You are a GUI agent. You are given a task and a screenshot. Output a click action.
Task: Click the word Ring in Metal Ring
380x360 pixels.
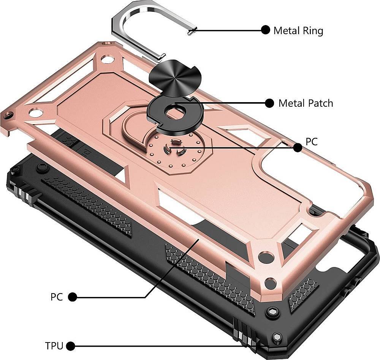coord(312,30)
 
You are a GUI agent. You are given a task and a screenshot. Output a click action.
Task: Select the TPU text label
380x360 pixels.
coord(54,346)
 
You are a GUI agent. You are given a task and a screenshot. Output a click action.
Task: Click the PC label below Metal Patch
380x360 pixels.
coord(312,142)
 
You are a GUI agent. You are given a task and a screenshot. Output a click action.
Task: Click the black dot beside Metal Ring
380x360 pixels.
coord(265,30)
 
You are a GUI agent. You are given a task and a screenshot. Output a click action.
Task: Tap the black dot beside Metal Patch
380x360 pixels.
coord(269,103)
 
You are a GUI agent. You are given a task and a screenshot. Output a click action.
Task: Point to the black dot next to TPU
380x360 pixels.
coord(70,346)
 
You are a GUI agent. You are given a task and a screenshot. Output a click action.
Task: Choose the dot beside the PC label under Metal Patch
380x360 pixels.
coord(298,148)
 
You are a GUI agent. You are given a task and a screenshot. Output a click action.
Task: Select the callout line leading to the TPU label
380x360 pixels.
coord(152,346)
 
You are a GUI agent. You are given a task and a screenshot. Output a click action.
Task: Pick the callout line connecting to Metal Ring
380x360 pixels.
coord(228,30)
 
